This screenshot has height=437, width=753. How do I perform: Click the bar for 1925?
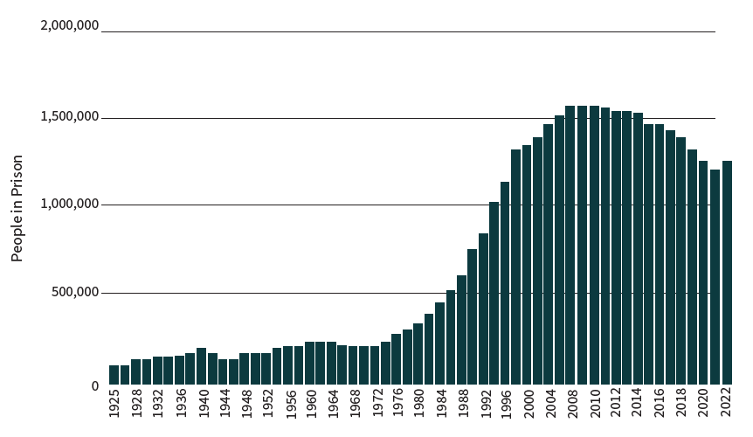tap(114, 375)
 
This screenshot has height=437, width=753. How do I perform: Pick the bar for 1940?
tap(201, 366)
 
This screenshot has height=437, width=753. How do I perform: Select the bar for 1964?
tap(331, 363)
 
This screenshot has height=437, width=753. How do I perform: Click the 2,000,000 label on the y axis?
tap(69, 26)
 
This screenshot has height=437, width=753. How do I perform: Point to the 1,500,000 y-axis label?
tap(69, 117)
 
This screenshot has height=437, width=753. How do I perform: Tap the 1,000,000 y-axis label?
tap(69, 205)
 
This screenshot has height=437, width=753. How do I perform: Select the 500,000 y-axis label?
tap(74, 293)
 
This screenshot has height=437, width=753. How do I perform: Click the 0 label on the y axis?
tap(94, 385)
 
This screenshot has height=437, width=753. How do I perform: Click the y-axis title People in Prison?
tap(17, 208)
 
